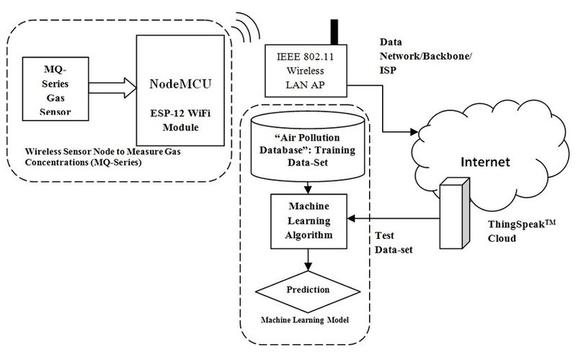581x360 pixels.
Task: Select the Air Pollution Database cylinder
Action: click(308, 149)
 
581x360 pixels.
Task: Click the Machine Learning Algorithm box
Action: click(309, 219)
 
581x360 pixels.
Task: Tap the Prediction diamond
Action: click(309, 290)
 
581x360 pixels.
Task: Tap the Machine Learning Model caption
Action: click(309, 319)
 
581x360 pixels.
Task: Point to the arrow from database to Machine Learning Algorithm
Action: click(309, 188)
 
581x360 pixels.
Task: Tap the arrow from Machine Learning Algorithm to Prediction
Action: click(309, 259)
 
